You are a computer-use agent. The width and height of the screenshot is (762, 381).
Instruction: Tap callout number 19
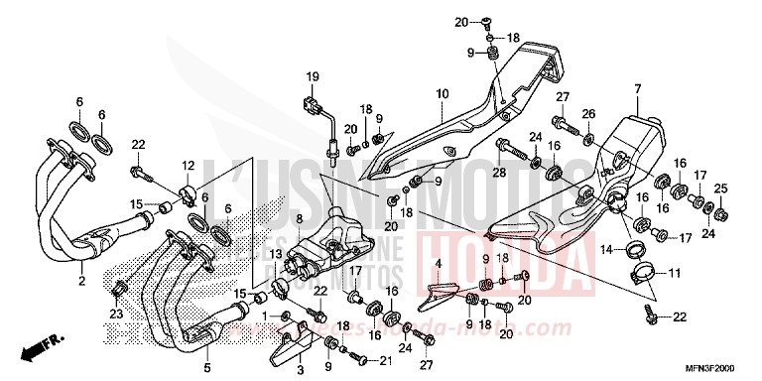click(311, 76)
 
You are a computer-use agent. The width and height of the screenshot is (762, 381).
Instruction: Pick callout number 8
click(300, 217)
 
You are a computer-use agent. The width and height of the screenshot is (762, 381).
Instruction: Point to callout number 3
click(301, 369)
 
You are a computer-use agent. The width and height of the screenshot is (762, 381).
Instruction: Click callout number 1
click(264, 316)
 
